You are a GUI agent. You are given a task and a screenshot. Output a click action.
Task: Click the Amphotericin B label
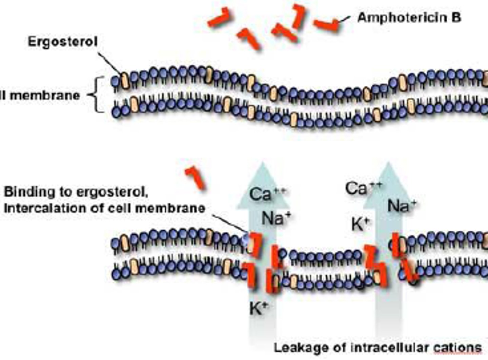pos(409,18)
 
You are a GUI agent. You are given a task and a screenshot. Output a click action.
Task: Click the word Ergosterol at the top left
pos(63,42)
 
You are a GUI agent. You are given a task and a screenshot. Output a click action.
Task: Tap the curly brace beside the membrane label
pos(96,95)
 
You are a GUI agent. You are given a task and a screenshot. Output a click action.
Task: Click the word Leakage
pos(296,348)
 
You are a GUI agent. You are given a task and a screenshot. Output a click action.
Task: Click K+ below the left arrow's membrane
pos(259,308)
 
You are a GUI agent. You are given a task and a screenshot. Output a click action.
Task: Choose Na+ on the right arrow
pos(402,206)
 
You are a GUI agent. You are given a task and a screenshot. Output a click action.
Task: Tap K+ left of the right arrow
pos(360,224)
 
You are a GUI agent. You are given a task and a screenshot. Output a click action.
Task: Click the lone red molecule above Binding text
pos(195,177)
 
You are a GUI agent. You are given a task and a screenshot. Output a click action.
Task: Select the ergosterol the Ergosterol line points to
pos(125,81)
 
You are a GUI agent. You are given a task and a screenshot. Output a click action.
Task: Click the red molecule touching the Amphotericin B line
pos(327,25)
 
